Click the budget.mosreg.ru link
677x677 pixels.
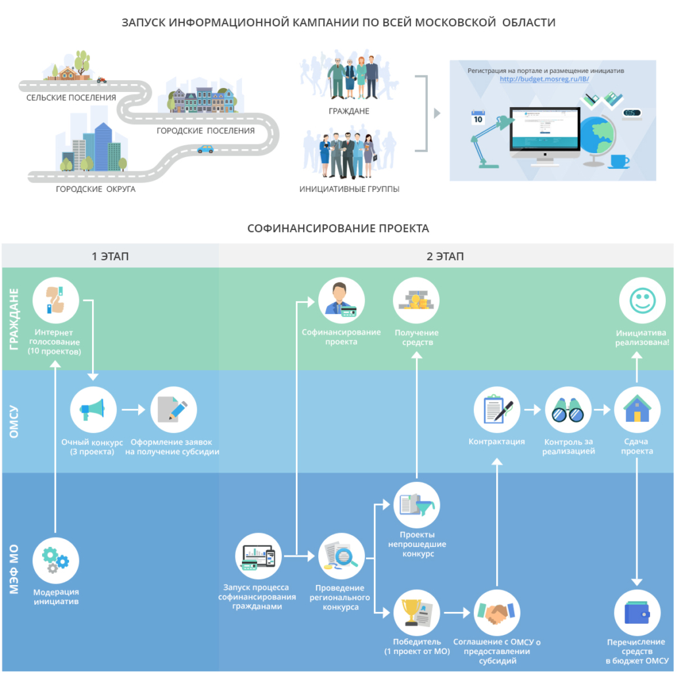click(544, 79)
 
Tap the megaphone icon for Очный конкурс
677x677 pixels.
click(93, 409)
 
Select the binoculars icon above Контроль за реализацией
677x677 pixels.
click(568, 409)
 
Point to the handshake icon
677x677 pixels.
click(497, 613)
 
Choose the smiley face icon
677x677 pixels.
click(642, 300)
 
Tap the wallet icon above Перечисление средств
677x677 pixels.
click(638, 613)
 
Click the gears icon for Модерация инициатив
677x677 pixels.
click(56, 561)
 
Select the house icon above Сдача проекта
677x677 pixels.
click(638, 409)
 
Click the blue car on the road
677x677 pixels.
click(205, 149)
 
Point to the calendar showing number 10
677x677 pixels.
click(478, 118)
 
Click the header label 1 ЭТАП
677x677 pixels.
click(110, 256)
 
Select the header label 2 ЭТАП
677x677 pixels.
click(445, 256)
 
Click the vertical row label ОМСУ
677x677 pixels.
click(14, 421)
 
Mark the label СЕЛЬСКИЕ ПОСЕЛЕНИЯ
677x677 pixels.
click(71, 98)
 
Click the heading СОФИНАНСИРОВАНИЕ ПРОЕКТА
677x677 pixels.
click(338, 228)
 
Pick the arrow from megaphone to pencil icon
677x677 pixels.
click(133, 409)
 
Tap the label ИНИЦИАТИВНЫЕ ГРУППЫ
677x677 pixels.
click(349, 189)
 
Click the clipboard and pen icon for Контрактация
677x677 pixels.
click(497, 409)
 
